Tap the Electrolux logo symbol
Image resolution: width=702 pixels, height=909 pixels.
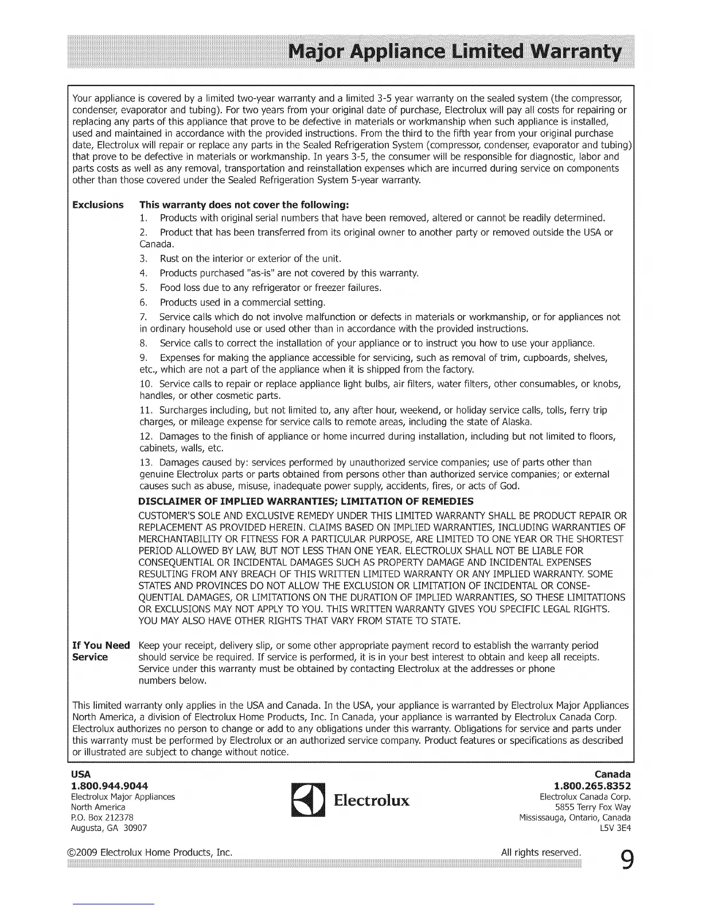[x=309, y=801]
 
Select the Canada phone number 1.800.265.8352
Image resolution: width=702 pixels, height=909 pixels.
[x=592, y=785]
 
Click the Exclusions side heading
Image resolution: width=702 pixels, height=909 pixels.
[x=97, y=205]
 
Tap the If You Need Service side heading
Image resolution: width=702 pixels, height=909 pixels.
[x=101, y=651]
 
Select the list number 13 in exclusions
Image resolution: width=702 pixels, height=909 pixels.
[x=146, y=463]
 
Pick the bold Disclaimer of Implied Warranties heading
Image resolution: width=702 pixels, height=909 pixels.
[x=306, y=501]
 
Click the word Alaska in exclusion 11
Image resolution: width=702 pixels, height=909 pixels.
[x=518, y=422]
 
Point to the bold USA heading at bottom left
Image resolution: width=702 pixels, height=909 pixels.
[x=79, y=774]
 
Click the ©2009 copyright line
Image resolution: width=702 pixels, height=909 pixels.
[x=149, y=852]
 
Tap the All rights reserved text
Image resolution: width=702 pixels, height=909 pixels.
[x=540, y=852]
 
